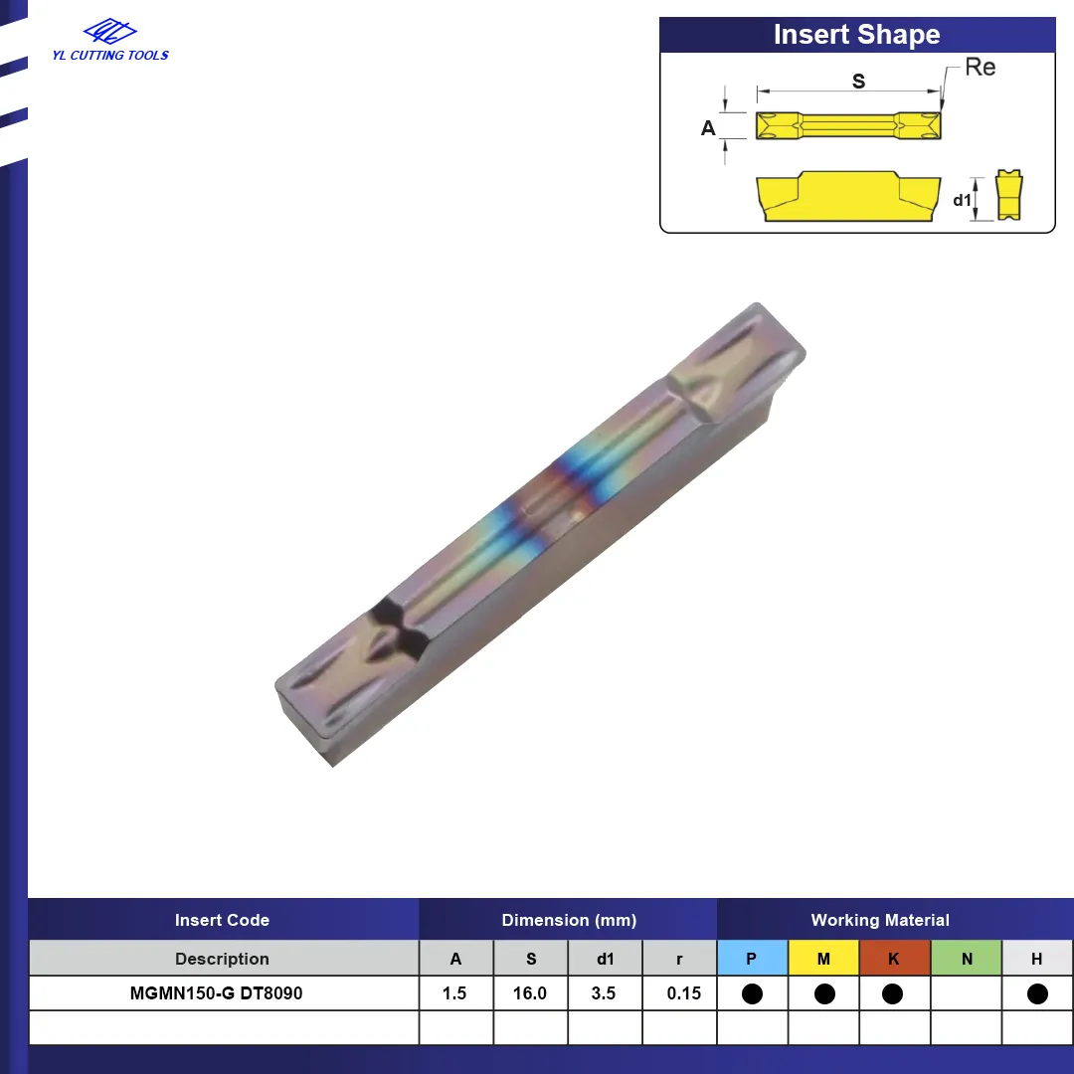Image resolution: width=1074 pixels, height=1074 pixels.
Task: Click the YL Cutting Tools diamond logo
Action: coord(109,31)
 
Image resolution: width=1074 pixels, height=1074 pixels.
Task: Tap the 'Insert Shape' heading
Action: coord(857,34)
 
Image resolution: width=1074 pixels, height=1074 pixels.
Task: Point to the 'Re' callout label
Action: coord(981,68)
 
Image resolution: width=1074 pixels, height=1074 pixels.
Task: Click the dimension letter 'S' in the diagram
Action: coord(858,81)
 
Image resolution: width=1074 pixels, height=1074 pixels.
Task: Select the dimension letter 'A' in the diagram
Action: coord(708,128)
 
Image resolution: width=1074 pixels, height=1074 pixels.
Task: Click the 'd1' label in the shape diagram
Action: coord(962,200)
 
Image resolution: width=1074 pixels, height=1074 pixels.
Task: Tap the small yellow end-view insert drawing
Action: coord(1009,195)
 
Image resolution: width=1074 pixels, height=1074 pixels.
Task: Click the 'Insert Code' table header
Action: coord(222,920)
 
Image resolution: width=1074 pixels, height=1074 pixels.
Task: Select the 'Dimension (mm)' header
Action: coord(569,920)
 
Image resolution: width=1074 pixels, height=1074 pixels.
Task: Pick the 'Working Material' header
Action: coord(880,920)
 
